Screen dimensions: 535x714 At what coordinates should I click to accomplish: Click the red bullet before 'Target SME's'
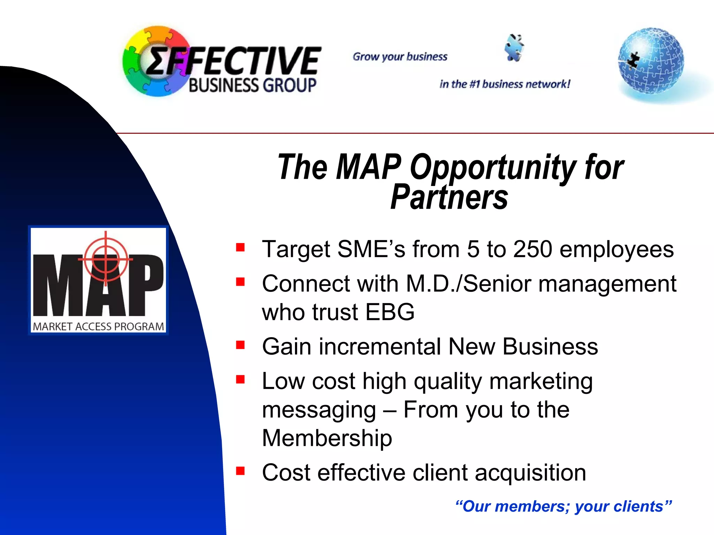240,247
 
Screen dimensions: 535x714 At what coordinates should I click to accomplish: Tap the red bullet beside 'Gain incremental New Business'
240,345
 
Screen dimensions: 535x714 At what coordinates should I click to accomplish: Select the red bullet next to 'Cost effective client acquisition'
240,471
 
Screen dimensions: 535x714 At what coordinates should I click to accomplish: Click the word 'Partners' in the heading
449,197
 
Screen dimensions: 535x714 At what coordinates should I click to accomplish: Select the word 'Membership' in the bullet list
327,438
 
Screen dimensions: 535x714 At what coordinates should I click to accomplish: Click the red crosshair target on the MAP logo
106,259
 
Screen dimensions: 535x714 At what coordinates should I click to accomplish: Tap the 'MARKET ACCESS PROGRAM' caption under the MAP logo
98,327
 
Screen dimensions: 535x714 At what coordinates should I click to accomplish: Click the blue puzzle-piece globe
651,61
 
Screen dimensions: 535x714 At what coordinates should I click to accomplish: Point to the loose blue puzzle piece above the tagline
514,48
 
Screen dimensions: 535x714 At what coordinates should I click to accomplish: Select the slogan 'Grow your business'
400,57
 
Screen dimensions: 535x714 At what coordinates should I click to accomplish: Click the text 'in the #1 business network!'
505,84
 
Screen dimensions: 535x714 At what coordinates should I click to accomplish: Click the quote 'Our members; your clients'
563,506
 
